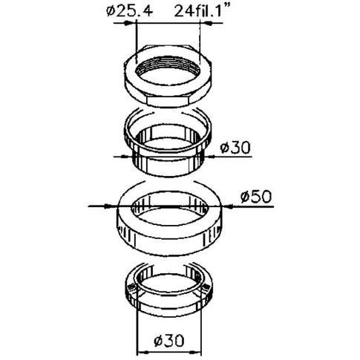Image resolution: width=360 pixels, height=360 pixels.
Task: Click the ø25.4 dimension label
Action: (x=129, y=12)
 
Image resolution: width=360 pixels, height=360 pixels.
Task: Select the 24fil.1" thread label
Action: (x=201, y=11)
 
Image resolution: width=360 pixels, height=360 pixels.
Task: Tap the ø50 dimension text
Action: (x=256, y=197)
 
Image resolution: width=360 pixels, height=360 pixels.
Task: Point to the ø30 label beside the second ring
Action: (x=235, y=148)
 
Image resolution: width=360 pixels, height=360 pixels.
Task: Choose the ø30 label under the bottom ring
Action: (x=169, y=341)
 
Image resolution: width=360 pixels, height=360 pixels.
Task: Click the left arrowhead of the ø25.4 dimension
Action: (x=128, y=23)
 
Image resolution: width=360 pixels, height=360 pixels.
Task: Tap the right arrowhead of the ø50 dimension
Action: (x=229, y=206)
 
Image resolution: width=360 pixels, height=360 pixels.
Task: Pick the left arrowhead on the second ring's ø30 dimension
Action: (x=127, y=157)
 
